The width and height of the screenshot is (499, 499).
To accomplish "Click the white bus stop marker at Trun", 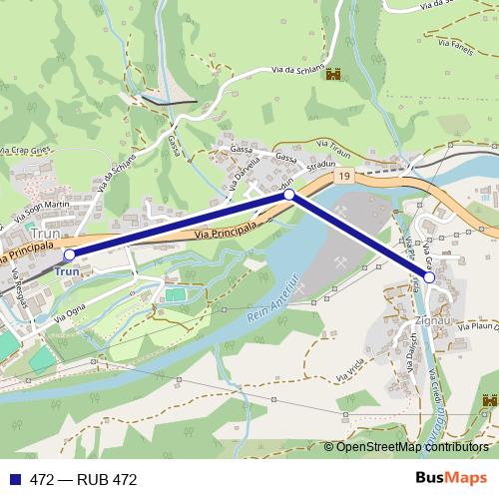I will point(69,255).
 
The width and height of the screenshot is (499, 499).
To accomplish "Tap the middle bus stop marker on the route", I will point(289,196).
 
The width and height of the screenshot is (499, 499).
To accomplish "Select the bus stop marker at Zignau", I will point(429,278).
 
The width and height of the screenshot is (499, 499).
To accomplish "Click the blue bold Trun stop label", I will point(67,271).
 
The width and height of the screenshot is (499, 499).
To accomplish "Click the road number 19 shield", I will point(344,177).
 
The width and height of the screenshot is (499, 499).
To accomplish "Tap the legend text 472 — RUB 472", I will point(83,479).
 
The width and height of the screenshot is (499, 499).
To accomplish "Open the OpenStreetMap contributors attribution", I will point(412,446).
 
